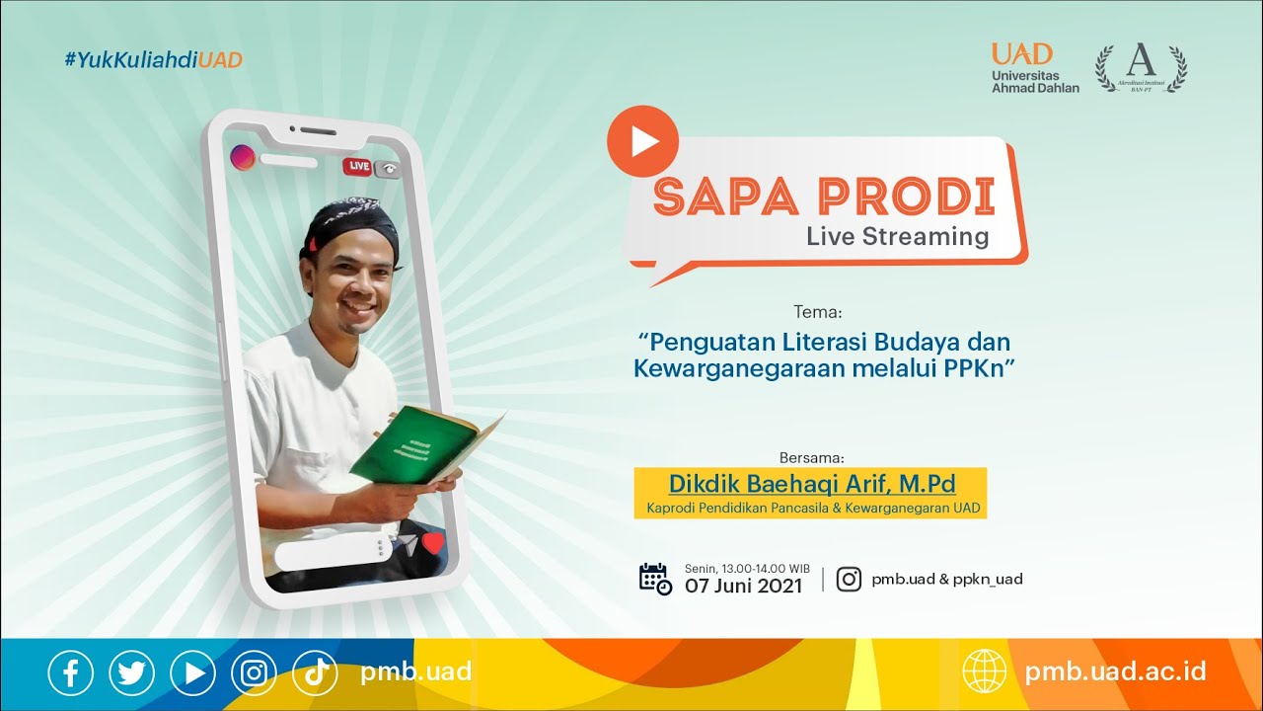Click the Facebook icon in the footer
tap(71, 673)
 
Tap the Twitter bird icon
tap(132, 673)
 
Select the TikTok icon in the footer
tap(315, 673)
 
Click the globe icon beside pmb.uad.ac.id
tap(985, 672)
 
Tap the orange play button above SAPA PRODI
tap(642, 141)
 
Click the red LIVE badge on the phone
tap(357, 167)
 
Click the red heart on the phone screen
tap(433, 543)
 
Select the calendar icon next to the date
tap(655, 579)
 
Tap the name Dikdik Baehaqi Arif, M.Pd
tap(812, 484)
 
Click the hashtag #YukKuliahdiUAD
tap(153, 60)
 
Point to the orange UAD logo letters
tap(1022, 53)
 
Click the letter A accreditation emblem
tap(1142, 65)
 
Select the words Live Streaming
tap(897, 237)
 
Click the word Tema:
tap(817, 312)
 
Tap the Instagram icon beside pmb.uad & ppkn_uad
tap(849, 579)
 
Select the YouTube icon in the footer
tap(192, 673)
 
